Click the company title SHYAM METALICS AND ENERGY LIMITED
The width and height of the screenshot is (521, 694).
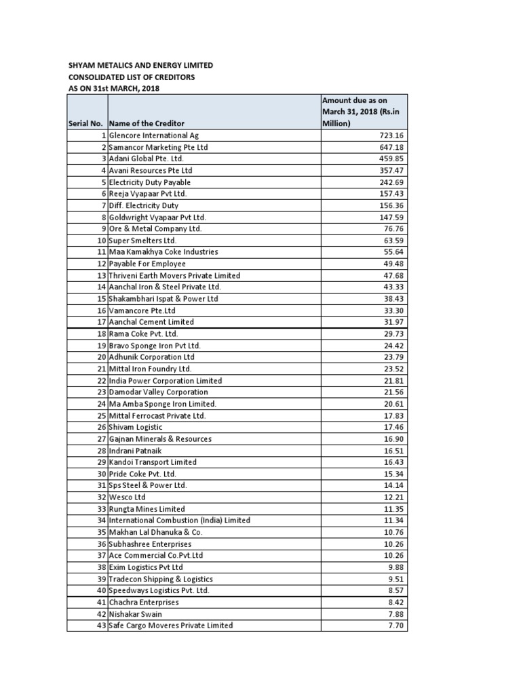pos(140,65)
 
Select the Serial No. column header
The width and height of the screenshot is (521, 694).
pos(86,123)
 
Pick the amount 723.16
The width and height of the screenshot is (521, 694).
pos(392,136)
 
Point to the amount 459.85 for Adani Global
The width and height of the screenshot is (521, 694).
pos(392,159)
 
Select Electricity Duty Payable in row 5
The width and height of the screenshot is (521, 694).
pos(150,182)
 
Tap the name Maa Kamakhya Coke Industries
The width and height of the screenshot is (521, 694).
pos(163,251)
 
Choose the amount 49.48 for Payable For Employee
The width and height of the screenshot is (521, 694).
pos(394,264)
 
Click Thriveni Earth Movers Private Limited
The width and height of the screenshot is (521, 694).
pos(174,275)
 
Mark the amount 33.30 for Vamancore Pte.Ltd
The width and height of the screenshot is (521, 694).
pos(394,310)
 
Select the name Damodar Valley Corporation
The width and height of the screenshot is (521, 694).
pos(159,392)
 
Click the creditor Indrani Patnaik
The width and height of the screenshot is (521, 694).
pos(138,450)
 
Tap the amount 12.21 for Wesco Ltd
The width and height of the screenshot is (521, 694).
pos(394,497)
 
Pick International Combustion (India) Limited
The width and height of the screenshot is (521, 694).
pos(180,520)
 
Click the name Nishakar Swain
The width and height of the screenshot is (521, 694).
pos(136,614)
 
